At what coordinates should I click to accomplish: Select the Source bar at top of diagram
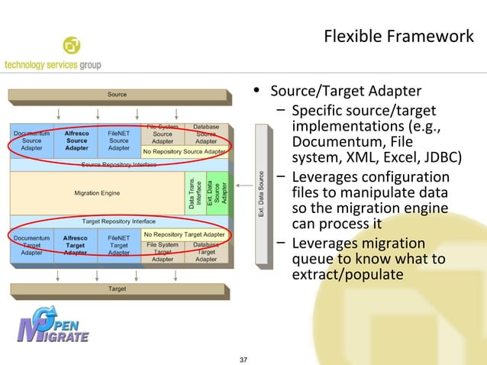coord(118,95)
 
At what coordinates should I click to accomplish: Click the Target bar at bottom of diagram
coord(118,289)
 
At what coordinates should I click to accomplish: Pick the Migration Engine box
coord(97,192)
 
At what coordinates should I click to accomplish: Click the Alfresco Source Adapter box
coord(76,141)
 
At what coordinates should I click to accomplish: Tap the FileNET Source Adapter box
coord(118,141)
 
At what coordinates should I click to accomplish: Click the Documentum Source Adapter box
coord(31,141)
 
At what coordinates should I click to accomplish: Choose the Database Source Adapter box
coord(206,134)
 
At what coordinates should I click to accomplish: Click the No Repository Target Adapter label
coord(184,234)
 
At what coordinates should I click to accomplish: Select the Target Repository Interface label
coord(118,221)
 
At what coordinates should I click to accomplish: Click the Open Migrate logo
coord(53,326)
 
